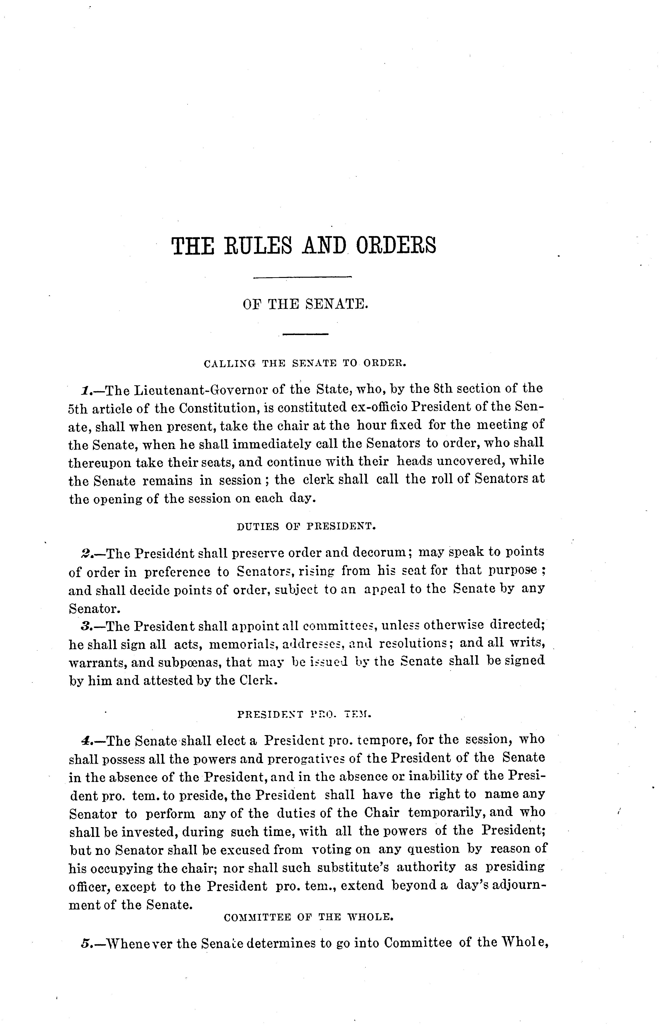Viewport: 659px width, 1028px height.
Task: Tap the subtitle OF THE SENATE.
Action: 305,304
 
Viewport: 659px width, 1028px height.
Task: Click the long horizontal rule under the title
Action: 302,278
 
